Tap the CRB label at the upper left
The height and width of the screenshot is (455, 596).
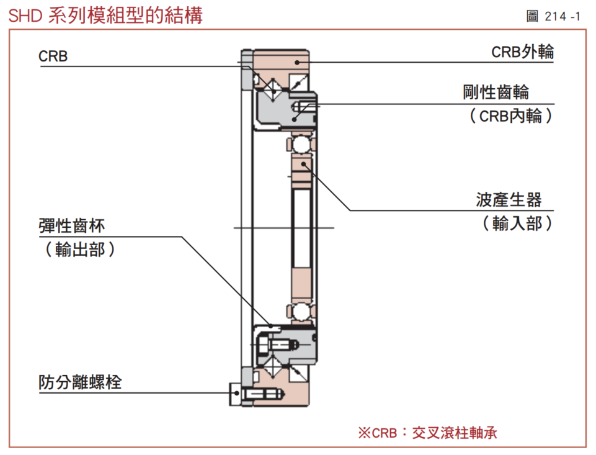pyautogui.click(x=53, y=56)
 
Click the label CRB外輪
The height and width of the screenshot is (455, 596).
pyautogui.click(x=522, y=53)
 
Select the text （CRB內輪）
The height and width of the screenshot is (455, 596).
pyautogui.click(x=510, y=116)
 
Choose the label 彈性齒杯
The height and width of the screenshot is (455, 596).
pyautogui.click(x=72, y=226)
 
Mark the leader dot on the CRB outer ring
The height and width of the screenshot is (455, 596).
pyautogui.click(x=298, y=61)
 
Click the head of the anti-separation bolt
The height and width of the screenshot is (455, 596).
pyautogui.click(x=235, y=392)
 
